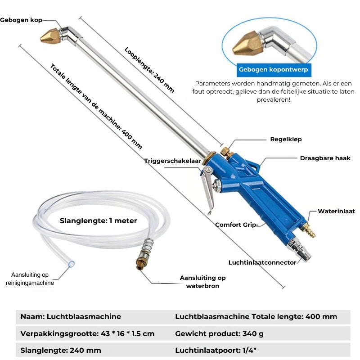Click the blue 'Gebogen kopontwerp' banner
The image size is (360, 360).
point(274,70)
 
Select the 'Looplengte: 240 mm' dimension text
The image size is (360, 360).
point(149,70)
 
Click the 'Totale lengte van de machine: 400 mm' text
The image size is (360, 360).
point(96,106)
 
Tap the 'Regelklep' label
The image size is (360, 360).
point(286,139)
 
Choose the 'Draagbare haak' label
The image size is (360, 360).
point(325,158)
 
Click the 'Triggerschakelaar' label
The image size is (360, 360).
point(172,161)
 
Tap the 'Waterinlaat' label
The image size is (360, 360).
point(336,211)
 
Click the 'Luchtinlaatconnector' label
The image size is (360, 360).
point(262,262)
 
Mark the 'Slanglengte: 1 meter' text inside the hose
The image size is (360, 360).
point(98,220)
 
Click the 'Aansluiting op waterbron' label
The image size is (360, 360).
point(202,282)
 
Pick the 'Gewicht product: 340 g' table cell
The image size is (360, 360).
point(219,333)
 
